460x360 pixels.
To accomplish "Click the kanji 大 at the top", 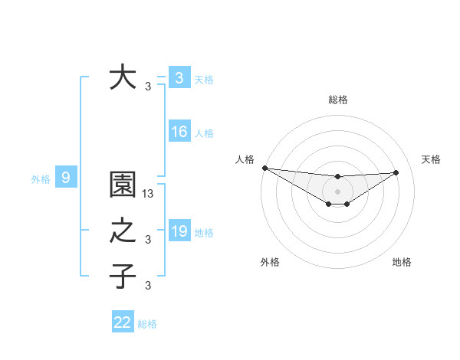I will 123,78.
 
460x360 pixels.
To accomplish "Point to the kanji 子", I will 123,276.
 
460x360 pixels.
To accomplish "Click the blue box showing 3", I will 179,78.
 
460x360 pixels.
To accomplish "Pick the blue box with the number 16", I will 179,133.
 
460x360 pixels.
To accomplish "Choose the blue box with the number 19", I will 179,231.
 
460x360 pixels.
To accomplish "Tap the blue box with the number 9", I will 66,178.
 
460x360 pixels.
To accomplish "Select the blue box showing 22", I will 123,322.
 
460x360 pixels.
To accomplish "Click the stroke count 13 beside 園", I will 149,195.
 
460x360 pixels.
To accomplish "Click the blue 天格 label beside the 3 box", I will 204,79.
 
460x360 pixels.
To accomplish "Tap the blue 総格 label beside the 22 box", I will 147,324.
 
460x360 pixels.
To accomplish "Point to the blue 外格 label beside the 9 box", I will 41,179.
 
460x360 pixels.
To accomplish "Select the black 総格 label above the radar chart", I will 337,100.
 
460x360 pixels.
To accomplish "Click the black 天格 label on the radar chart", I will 432,159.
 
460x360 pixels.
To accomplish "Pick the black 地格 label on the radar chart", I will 402,262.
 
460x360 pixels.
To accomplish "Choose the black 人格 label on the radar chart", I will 245,159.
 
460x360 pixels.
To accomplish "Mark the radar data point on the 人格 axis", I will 264,168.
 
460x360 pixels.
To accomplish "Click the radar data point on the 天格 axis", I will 396,172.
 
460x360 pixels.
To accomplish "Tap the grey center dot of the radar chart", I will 337,191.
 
